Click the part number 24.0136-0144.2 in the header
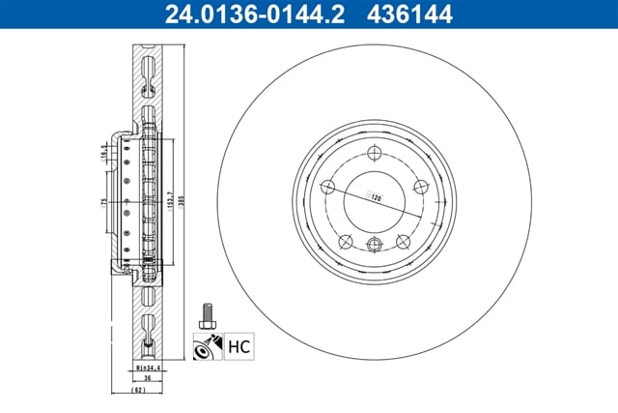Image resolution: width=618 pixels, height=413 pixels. (x=242, y=15)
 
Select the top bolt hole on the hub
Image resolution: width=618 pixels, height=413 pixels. (x=374, y=151)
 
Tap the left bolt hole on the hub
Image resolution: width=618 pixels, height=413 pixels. (x=329, y=187)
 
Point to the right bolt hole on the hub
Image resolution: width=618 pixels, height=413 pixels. (x=419, y=188)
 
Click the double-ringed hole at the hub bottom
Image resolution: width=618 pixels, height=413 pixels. (x=374, y=243)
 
